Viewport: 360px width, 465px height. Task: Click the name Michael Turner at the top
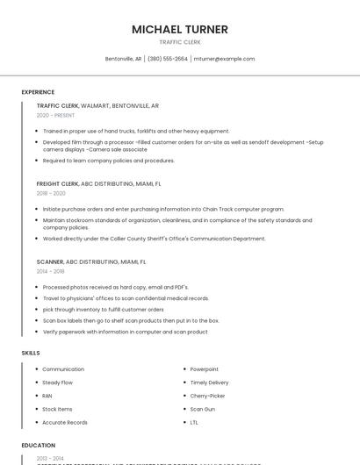click(180, 29)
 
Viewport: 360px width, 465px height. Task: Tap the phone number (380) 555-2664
click(168, 59)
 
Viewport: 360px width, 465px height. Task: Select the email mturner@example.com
click(224, 59)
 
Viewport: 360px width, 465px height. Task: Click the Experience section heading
click(38, 92)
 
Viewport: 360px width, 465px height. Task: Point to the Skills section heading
click(31, 353)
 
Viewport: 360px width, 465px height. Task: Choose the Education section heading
click(39, 445)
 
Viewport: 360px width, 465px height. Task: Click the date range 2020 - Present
click(56, 115)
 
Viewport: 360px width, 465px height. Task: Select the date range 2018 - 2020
click(51, 193)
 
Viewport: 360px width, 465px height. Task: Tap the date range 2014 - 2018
click(50, 271)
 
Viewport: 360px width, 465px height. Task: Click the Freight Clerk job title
click(57, 184)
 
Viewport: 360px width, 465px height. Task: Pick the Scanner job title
click(50, 261)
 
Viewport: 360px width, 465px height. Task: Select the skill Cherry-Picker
click(207, 396)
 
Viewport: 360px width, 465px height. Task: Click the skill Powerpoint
click(205, 369)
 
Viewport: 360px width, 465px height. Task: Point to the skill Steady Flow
click(58, 383)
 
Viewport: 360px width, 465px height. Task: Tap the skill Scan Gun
click(203, 409)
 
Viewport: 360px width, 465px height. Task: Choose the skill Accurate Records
click(65, 422)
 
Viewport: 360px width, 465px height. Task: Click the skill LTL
click(194, 422)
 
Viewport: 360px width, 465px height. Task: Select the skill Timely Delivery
click(209, 383)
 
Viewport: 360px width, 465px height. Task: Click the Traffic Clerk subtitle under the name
click(180, 42)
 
